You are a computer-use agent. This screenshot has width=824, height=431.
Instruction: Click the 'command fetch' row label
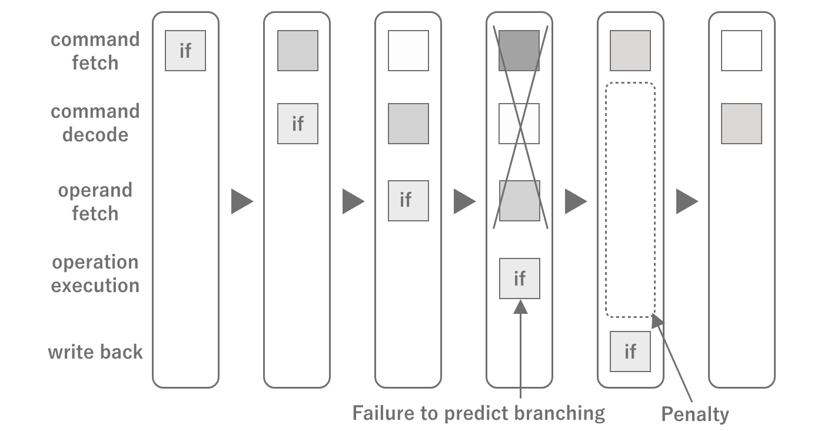click(95, 51)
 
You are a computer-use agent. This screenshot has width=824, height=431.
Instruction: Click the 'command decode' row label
click(95, 123)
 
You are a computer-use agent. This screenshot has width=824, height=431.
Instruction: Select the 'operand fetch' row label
click(95, 202)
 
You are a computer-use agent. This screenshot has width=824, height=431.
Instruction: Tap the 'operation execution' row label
click(95, 274)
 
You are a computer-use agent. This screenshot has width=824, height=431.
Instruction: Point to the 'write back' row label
click(95, 352)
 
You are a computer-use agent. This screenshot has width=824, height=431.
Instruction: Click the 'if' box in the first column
click(185, 51)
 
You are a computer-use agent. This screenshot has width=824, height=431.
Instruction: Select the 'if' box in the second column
click(298, 124)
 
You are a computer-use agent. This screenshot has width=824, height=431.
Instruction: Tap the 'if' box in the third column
click(408, 200)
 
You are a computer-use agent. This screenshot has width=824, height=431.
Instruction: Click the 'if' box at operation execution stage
click(519, 278)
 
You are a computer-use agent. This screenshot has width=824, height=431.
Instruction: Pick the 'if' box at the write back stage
click(630, 352)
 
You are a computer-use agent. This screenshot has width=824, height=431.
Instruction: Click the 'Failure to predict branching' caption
click(478, 413)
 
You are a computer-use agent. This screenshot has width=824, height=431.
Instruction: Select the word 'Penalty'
click(695, 414)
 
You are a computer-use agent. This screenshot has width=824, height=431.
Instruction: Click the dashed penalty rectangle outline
click(607, 200)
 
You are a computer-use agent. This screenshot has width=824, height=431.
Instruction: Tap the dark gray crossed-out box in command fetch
click(519, 51)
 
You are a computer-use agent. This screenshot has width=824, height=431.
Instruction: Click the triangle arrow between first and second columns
click(241, 201)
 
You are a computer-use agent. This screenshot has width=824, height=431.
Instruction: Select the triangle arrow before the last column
click(686, 201)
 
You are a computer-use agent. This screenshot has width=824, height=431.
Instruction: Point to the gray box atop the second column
click(298, 51)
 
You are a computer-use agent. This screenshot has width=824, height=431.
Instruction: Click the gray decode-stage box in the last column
click(742, 124)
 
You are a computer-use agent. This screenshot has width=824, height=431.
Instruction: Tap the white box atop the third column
click(408, 51)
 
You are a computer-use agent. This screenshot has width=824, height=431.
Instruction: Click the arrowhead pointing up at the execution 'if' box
click(520, 307)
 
